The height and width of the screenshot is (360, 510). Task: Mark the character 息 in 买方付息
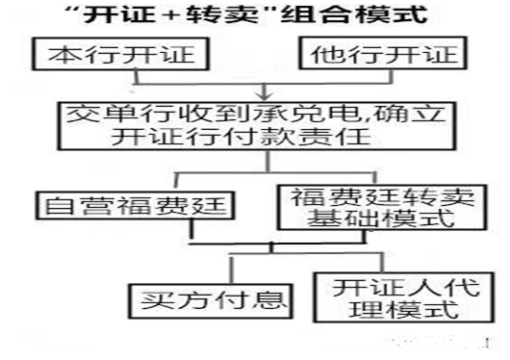260,295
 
